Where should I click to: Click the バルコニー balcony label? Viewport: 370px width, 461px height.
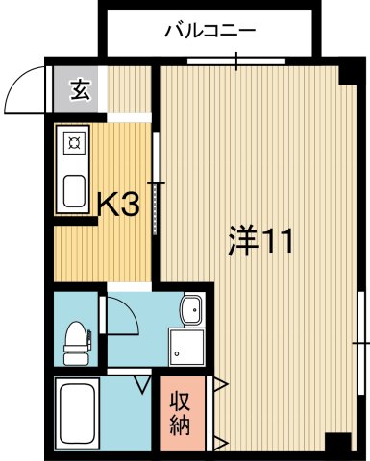coord(210,31)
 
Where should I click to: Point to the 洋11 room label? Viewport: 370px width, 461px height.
coord(259,242)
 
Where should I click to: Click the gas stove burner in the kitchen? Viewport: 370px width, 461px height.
coord(74,145)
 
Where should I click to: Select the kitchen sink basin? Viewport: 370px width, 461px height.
coord(74,189)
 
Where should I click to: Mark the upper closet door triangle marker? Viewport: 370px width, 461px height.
coord(220,385)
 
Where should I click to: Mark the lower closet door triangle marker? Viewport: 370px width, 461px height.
coord(220,443)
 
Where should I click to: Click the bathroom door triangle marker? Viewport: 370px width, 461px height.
coord(144,385)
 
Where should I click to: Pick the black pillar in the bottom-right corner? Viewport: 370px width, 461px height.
coord(337,444)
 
